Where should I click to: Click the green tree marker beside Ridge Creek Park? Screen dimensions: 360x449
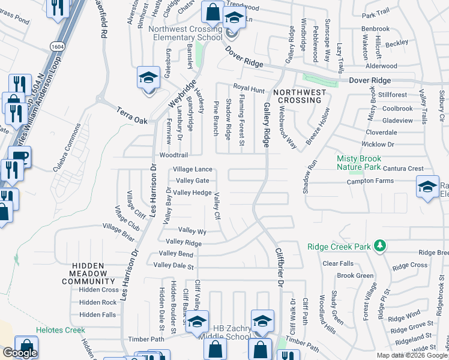[x=379, y=245]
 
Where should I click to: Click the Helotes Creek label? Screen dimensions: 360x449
[x=60, y=330]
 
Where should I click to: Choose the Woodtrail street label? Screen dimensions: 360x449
[x=174, y=154]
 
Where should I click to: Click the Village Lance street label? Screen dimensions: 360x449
[x=193, y=170]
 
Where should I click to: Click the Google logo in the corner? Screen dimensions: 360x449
[x=20, y=353]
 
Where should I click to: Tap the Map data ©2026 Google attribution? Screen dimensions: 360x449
[x=412, y=355]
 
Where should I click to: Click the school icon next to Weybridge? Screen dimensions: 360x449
[x=148, y=78]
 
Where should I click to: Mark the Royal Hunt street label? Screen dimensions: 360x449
[x=249, y=89]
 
